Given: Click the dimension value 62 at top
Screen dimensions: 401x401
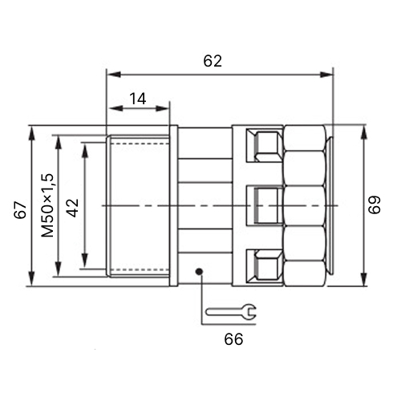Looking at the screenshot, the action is tap(213, 61).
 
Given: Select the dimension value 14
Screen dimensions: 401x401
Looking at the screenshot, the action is tap(138, 99).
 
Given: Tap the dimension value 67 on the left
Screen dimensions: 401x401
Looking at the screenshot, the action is tap(20, 210).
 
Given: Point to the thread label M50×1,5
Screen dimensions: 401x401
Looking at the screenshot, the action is tap(48, 205).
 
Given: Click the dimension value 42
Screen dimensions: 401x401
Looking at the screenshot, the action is tap(73, 208).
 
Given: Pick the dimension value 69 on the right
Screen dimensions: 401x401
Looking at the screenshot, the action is tap(375, 205).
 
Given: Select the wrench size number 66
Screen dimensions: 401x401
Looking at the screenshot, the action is tap(233, 339).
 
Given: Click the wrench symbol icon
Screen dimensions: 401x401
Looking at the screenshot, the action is tap(231, 311).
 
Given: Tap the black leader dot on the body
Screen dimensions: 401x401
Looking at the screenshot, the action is tap(199, 272).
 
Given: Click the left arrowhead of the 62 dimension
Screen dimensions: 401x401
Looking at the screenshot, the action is tap(115, 75).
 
